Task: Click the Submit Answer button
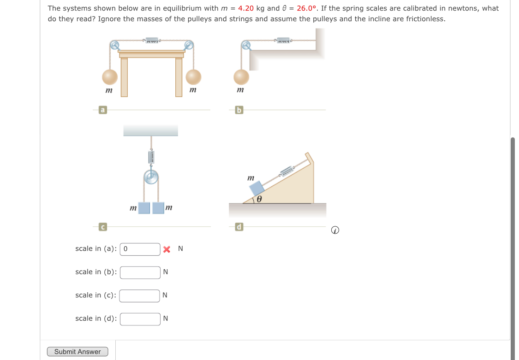click(78, 351)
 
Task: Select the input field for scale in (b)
click(140, 272)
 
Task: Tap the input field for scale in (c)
click(139, 295)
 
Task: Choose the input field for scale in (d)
click(140, 319)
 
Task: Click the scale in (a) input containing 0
click(140, 249)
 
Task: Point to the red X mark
click(167, 249)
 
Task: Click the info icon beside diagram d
click(335, 230)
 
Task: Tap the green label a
click(102, 110)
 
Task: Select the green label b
click(239, 110)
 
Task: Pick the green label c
click(102, 227)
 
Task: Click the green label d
click(239, 227)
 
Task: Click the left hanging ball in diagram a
click(110, 77)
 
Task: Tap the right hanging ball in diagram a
click(193, 77)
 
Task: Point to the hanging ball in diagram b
click(241, 77)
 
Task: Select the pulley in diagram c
click(151, 177)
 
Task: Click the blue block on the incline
click(257, 188)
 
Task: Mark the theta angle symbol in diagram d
click(259, 199)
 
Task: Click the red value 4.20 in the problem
click(246, 8)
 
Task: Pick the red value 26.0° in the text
click(306, 8)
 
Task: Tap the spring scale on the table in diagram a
click(152, 40)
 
